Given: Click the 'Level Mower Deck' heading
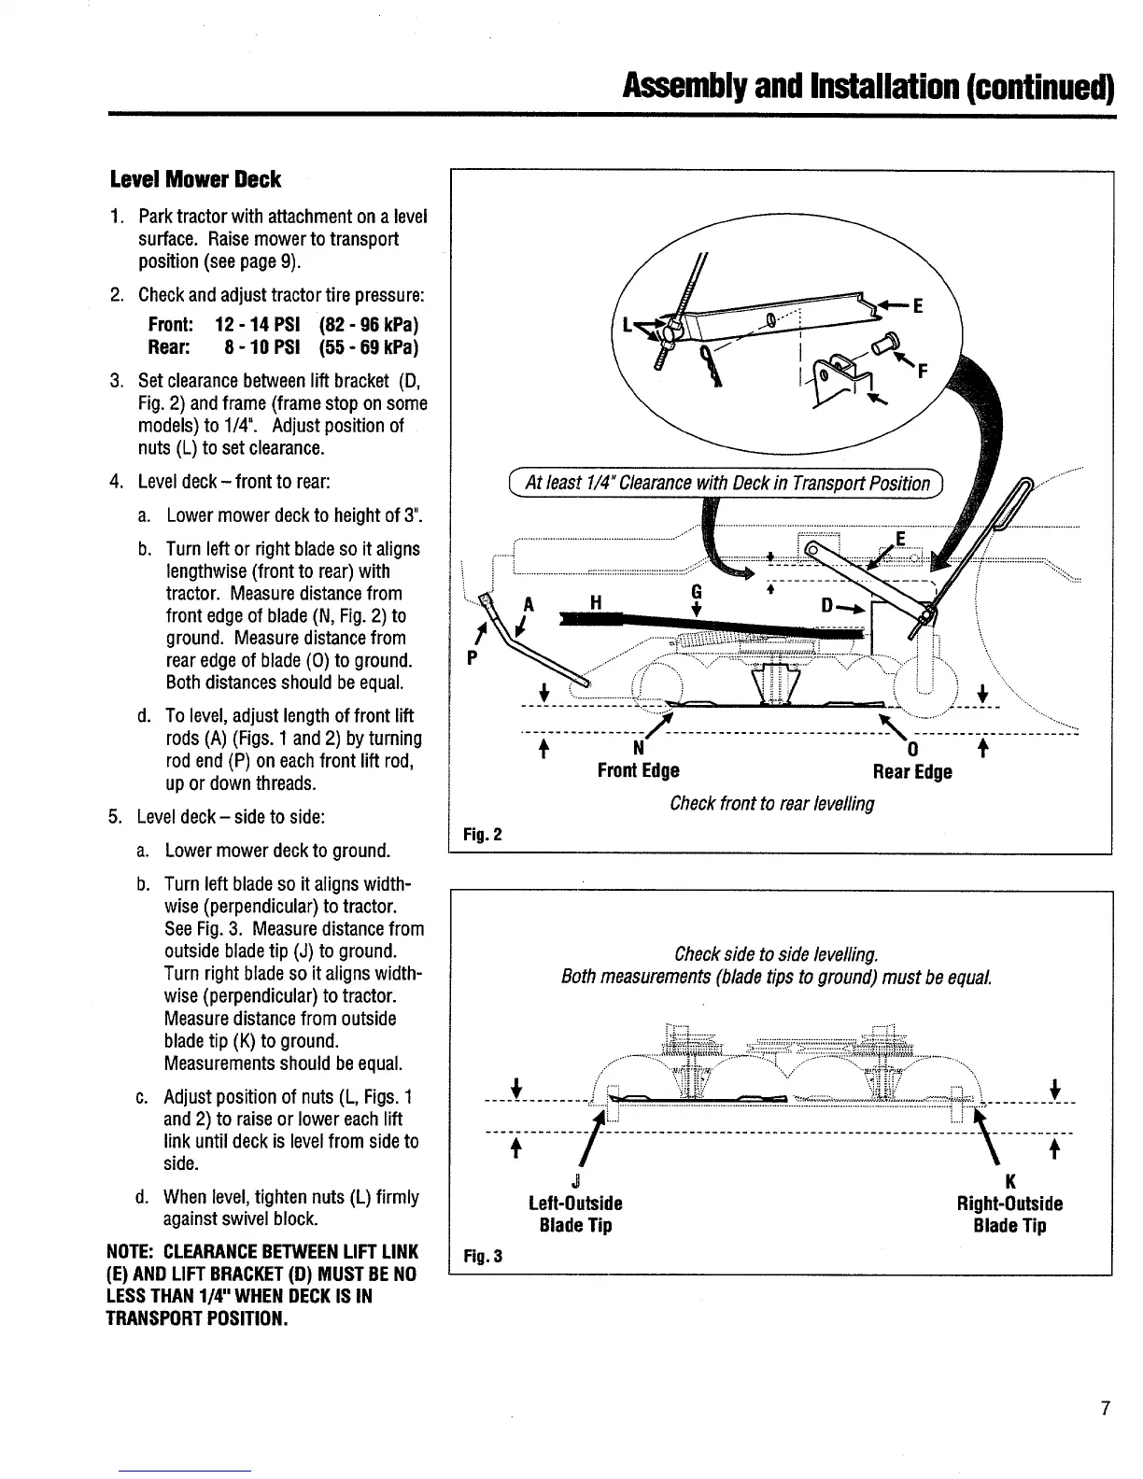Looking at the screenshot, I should point(195,179).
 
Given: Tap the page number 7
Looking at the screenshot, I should point(1105,1408).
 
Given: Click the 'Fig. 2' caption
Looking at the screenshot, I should point(483,834).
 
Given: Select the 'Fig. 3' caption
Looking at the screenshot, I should point(483,1257).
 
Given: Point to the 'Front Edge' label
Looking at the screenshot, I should point(638,770).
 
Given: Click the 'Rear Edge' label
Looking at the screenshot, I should point(911,771).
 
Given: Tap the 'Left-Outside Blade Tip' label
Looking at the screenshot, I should point(575,1214).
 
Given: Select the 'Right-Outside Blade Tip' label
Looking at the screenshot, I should point(1009,1214).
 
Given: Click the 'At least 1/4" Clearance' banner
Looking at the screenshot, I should point(727,483).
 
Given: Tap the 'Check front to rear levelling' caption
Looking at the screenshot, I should point(771,803).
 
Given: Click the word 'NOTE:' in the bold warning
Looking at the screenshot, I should point(133,1252).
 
